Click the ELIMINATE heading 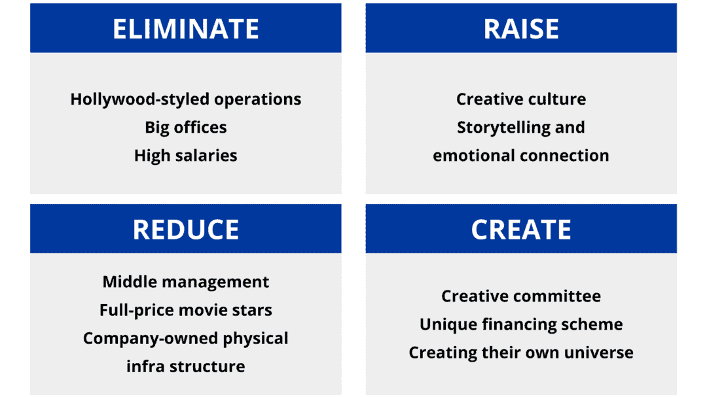(186, 29)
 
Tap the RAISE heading (521, 29)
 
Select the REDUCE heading (186, 230)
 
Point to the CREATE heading (521, 230)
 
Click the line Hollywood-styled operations (186, 99)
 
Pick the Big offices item (186, 128)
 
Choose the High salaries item (186, 156)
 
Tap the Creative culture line (521, 99)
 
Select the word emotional (474, 156)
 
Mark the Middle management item (186, 283)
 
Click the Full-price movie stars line (186, 311)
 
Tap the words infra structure (186, 366)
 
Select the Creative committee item (521, 296)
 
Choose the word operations (257, 100)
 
